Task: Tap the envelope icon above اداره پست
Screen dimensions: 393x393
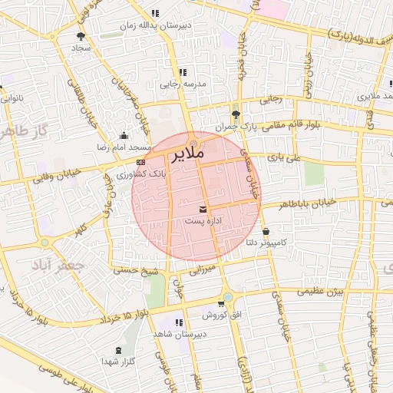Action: tap(203, 209)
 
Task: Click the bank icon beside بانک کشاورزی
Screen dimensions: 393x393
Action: tap(140, 163)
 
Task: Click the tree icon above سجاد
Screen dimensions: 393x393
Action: tap(81, 35)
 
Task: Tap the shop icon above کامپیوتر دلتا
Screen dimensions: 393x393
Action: tap(266, 231)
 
